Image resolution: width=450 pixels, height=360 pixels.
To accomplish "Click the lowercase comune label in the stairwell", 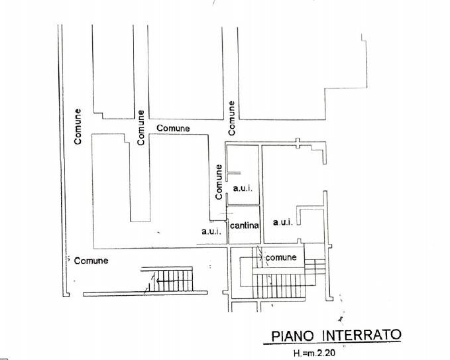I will tap(281, 257).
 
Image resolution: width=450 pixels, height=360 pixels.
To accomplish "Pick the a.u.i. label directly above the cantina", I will tap(243, 189).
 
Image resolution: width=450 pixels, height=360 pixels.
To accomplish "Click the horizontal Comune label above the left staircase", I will tap(91, 261).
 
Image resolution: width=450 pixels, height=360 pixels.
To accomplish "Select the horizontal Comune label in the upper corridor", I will tap(173, 128).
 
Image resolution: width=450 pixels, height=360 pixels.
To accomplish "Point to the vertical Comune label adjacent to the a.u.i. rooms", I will tap(219, 182).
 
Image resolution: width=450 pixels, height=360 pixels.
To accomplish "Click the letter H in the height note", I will tap(296, 353).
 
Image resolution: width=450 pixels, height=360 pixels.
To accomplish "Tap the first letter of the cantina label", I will tap(233, 226).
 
